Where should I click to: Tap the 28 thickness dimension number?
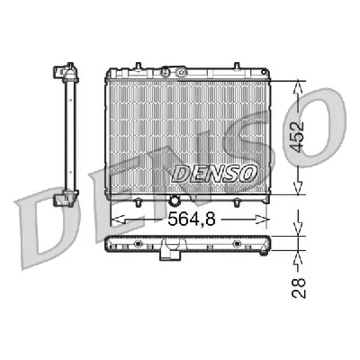[x=301, y=286]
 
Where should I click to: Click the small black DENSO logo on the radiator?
[x=214, y=172]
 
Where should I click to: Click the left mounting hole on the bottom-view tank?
[x=137, y=244]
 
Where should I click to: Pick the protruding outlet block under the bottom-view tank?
[x=168, y=256]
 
